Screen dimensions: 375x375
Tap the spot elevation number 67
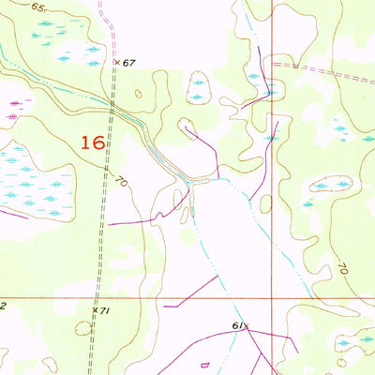[x=128, y=63]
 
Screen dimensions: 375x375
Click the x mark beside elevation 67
[x=117, y=63]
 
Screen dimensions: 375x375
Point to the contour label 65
[x=37, y=7]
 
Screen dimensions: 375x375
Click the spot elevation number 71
[x=104, y=309]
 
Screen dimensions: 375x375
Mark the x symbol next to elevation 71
[x=94, y=308]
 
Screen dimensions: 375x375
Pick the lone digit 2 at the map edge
[x=3, y=306]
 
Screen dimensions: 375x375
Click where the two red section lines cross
[x=272, y=297]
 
